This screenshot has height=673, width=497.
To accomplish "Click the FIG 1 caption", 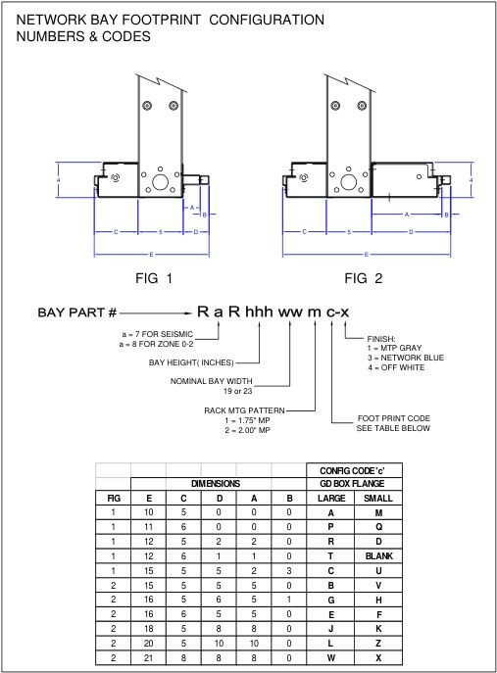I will pyautogui.click(x=154, y=278).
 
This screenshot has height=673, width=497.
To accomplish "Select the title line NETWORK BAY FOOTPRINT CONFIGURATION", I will pyautogui.click(x=171, y=20).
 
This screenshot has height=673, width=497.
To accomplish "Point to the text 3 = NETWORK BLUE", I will pyautogui.click(x=405, y=358).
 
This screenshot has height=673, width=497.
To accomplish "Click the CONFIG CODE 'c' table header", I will pyautogui.click(x=353, y=471).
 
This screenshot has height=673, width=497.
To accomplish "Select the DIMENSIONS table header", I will pyautogui.click(x=218, y=484).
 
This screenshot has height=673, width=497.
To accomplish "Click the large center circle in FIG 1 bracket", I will pyautogui.click(x=159, y=181).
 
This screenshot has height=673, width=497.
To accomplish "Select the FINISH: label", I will pyautogui.click(x=381, y=338).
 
